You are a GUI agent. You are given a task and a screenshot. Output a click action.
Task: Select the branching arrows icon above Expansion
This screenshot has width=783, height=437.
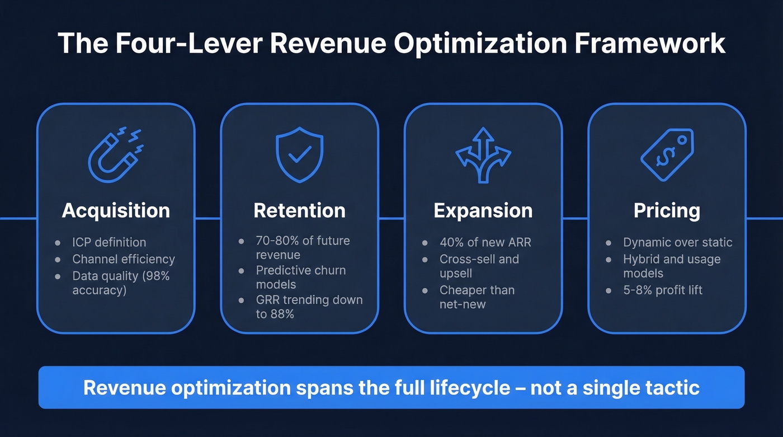(483, 154)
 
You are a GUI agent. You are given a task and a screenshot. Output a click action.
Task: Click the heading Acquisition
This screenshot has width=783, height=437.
(116, 210)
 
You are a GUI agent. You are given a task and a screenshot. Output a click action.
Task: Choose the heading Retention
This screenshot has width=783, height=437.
(300, 210)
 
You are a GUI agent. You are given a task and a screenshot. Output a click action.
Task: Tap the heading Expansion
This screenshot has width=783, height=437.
(483, 210)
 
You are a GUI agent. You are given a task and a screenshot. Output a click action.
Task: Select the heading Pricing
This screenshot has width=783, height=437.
(667, 210)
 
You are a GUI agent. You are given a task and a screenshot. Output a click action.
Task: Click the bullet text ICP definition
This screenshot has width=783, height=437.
(109, 242)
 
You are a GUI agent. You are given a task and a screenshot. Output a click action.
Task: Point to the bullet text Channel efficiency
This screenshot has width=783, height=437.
(124, 259)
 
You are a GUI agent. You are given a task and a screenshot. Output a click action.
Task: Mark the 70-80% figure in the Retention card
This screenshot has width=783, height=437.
(276, 241)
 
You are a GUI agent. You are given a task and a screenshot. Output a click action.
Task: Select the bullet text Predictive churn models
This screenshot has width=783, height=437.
(301, 277)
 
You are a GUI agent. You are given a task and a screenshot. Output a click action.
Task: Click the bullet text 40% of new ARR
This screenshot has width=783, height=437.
(485, 242)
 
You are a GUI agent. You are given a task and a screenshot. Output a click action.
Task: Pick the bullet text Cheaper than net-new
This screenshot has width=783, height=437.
(477, 297)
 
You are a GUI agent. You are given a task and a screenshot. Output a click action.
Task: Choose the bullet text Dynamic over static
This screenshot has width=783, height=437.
(677, 242)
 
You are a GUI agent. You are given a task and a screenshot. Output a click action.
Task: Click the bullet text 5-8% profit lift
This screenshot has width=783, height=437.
(663, 290)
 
